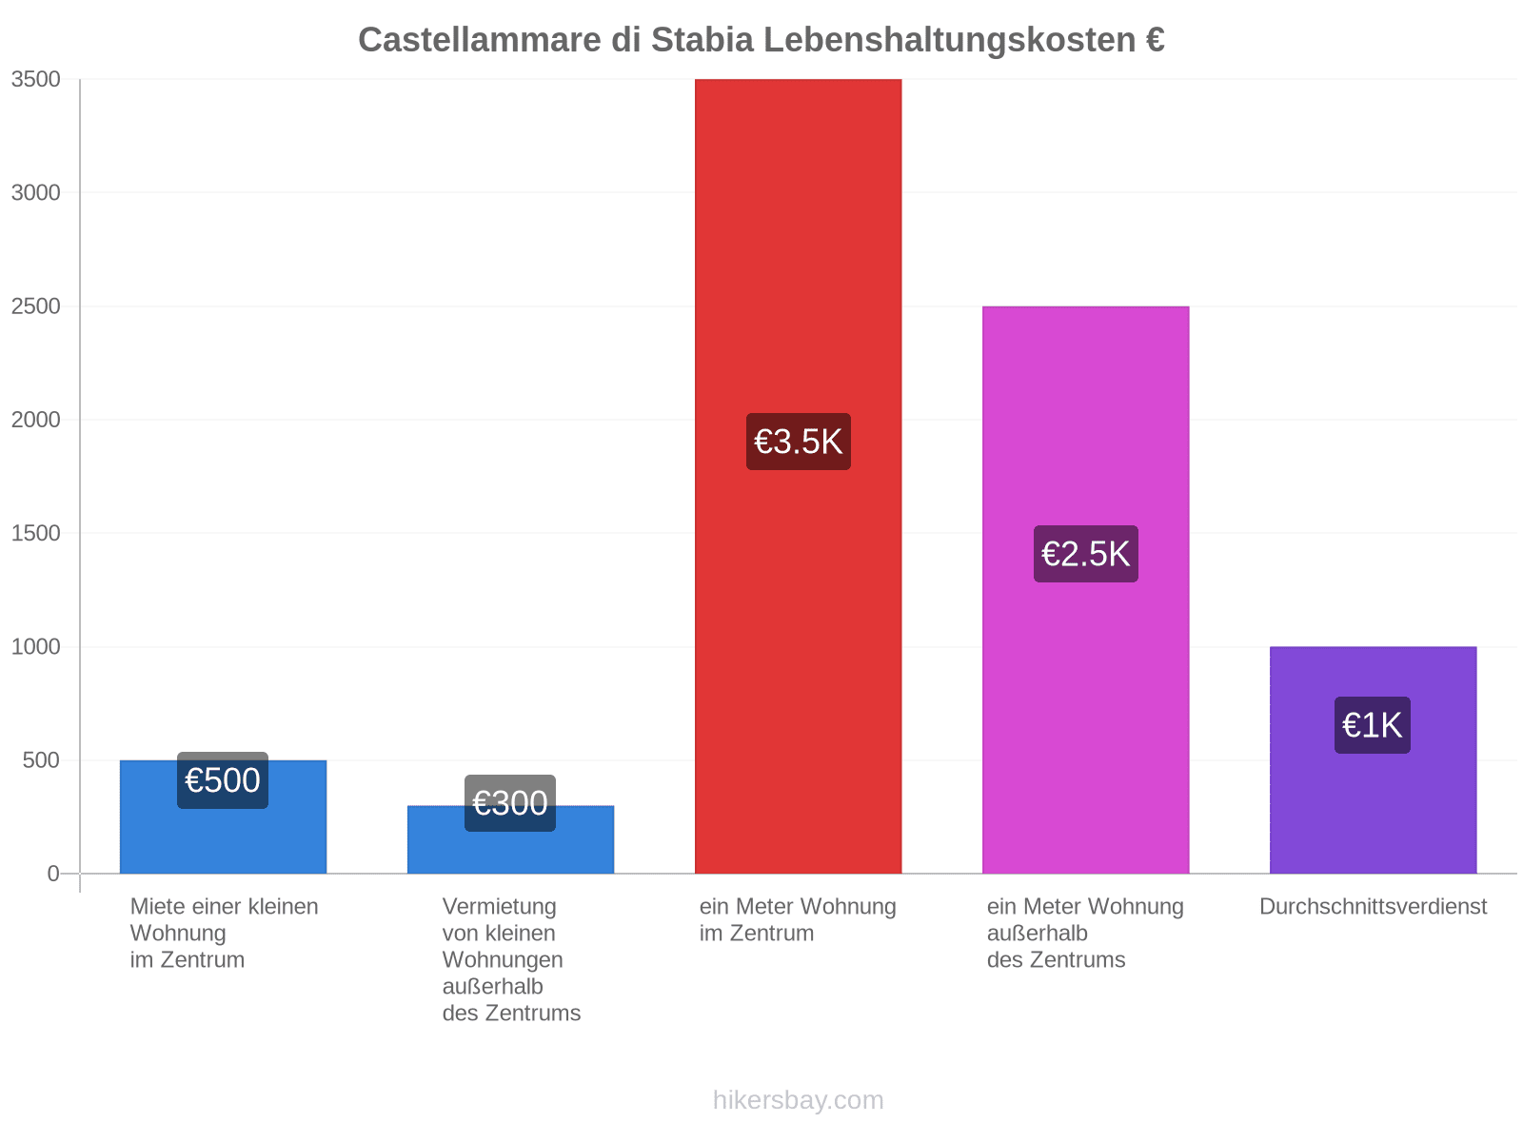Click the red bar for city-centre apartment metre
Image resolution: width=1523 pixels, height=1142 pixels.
point(798,476)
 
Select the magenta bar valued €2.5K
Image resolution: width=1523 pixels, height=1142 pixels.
point(1085,589)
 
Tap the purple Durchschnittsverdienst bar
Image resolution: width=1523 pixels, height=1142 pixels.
point(1373,760)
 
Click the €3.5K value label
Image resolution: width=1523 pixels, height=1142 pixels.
point(798,442)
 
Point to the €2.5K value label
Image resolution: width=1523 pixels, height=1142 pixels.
point(1085,554)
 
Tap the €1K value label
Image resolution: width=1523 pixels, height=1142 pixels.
point(1372,725)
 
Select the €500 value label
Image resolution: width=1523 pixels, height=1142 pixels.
point(223,780)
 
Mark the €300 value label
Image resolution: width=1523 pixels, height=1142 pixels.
point(510,803)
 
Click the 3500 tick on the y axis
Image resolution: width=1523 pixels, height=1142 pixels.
point(35,79)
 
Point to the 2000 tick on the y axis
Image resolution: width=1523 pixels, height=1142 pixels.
point(35,420)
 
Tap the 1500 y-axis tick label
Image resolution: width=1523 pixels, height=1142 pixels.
point(35,533)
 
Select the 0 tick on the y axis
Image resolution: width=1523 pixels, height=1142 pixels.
point(53,874)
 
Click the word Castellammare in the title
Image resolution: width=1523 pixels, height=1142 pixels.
point(480,40)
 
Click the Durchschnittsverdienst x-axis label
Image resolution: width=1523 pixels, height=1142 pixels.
point(1373,906)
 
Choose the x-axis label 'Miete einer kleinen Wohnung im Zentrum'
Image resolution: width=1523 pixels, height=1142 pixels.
point(224,933)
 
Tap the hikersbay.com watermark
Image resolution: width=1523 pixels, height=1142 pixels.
point(798,1100)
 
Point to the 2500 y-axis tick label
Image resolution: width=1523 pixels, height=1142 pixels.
point(35,305)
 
